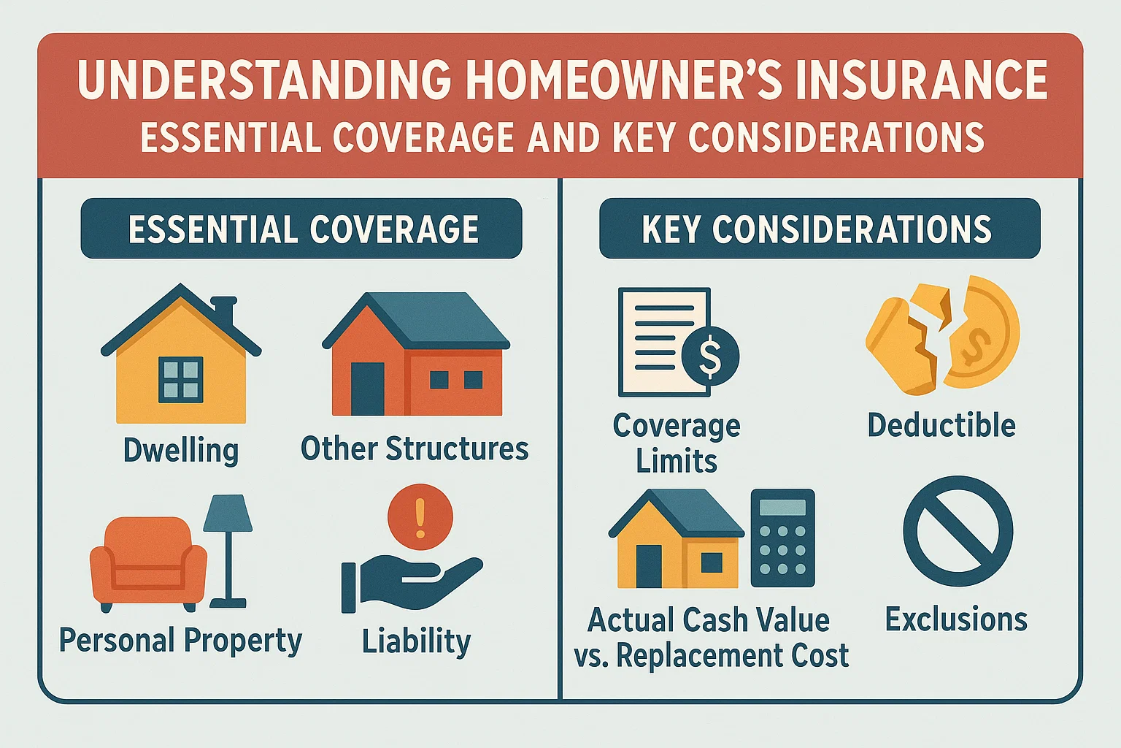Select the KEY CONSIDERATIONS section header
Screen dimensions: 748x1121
point(819,229)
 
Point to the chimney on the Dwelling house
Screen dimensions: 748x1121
point(226,310)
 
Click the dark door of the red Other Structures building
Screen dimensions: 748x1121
point(367,389)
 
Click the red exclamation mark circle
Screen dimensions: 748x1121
point(420,516)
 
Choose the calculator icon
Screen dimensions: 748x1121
point(782,538)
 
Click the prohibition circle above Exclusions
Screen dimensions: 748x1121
point(958,531)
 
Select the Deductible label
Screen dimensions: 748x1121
point(941,425)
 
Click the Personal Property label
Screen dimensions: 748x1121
point(180,641)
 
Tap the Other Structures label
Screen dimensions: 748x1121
point(414,449)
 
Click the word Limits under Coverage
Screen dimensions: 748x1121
point(676,462)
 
